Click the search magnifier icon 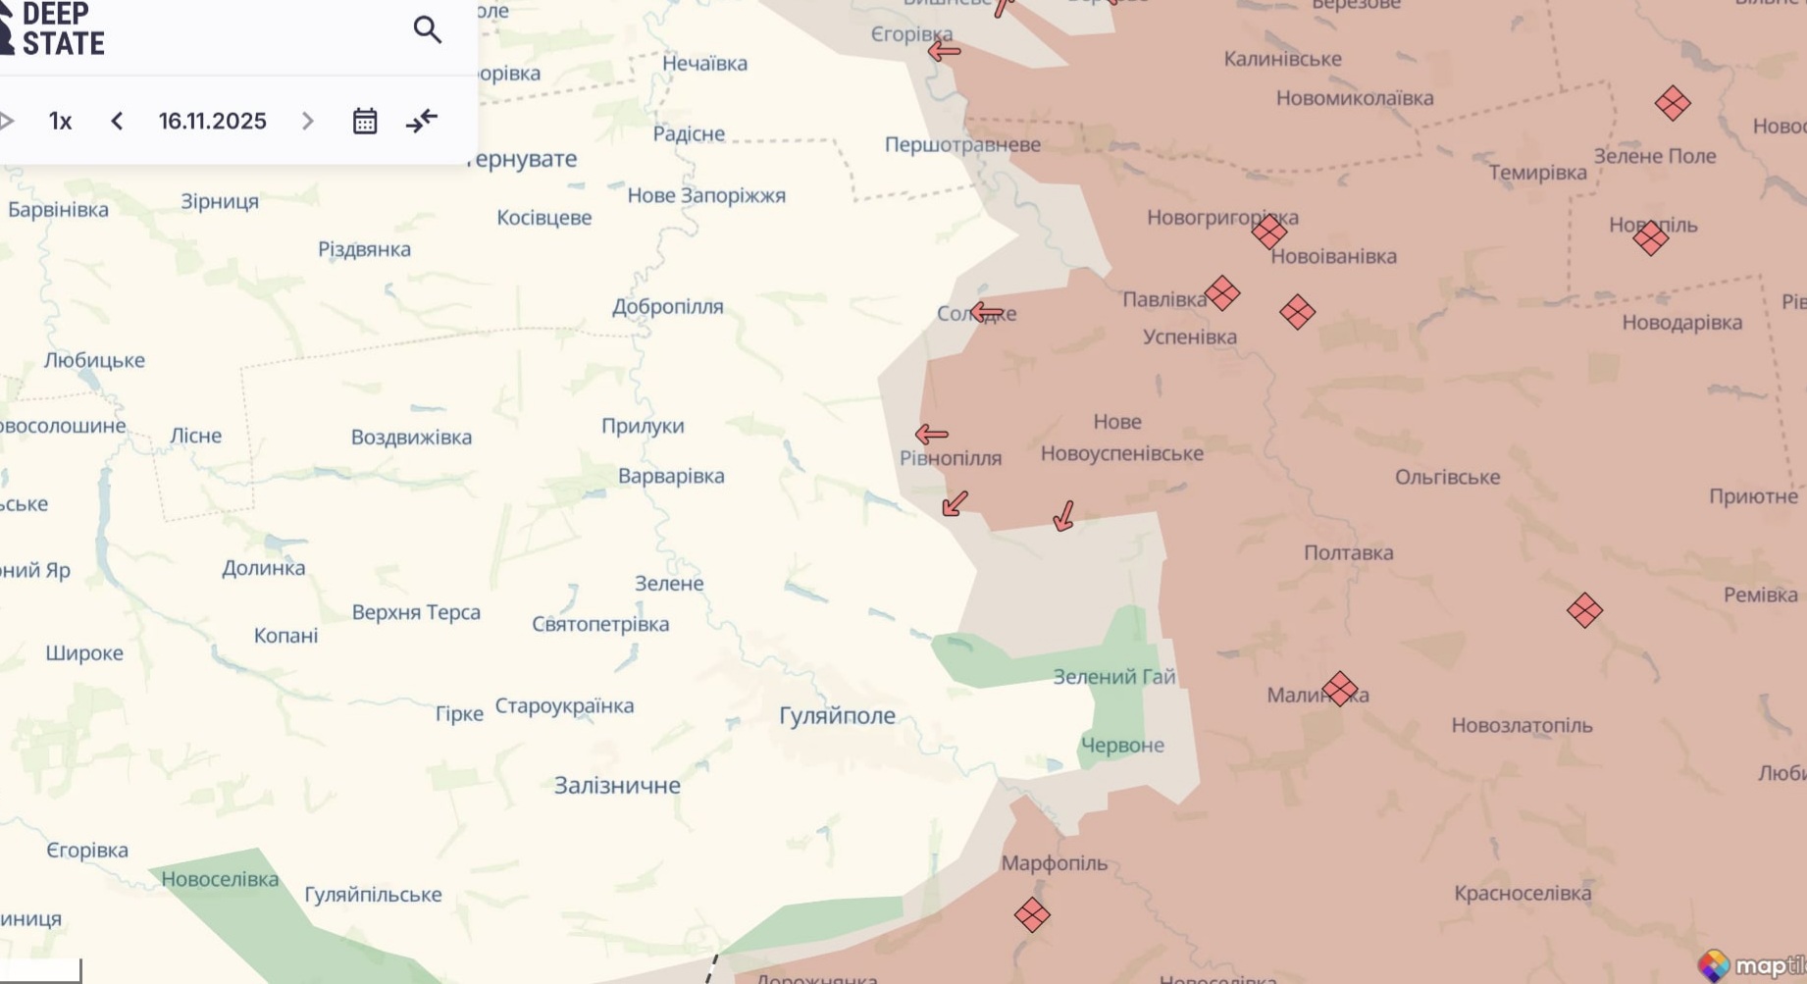pyautogui.click(x=427, y=29)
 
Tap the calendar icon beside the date pyautogui.click(x=365, y=121)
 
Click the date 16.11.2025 pyautogui.click(x=212, y=121)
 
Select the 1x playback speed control pyautogui.click(x=61, y=121)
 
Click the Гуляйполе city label pyautogui.click(x=837, y=716)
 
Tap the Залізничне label pyautogui.click(x=617, y=785)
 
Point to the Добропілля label pyautogui.click(x=667, y=306)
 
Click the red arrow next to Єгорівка pyautogui.click(x=944, y=51)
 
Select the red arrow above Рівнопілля pyautogui.click(x=931, y=434)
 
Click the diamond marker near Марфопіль pyautogui.click(x=1031, y=915)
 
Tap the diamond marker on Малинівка pyautogui.click(x=1340, y=689)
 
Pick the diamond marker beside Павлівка pyautogui.click(x=1222, y=292)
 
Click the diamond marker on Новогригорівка pyautogui.click(x=1269, y=232)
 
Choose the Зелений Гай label pyautogui.click(x=1113, y=676)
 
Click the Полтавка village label pyautogui.click(x=1348, y=552)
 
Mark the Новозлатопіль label pyautogui.click(x=1522, y=725)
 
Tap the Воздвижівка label pyautogui.click(x=411, y=437)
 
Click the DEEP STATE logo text pyautogui.click(x=62, y=28)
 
